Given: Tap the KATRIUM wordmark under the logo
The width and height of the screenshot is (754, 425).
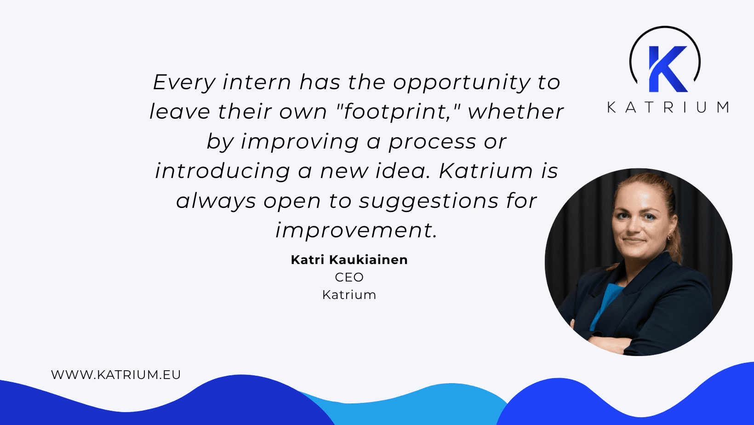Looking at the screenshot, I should [x=668, y=108].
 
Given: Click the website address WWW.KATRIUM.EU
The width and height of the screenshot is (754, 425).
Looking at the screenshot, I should [x=116, y=375].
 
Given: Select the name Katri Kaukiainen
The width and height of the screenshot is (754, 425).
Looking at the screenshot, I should [x=349, y=260].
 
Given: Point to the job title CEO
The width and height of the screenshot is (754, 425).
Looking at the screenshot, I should [x=349, y=277].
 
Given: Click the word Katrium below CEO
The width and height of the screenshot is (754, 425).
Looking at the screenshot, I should [x=349, y=295].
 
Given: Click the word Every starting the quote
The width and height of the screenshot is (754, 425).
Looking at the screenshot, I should [x=184, y=83].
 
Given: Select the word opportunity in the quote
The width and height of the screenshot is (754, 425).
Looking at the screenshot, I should [x=462, y=83].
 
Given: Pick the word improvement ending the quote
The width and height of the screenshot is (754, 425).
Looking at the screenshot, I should [x=356, y=230].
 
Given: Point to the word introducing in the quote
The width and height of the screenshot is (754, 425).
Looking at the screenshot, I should [x=223, y=171].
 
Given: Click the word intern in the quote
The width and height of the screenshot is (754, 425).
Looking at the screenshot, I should [x=257, y=83].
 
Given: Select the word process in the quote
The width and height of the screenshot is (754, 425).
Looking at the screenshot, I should [x=432, y=142].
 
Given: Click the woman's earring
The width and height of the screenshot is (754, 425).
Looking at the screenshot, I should [x=669, y=237].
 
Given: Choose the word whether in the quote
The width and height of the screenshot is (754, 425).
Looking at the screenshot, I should [x=515, y=112].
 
